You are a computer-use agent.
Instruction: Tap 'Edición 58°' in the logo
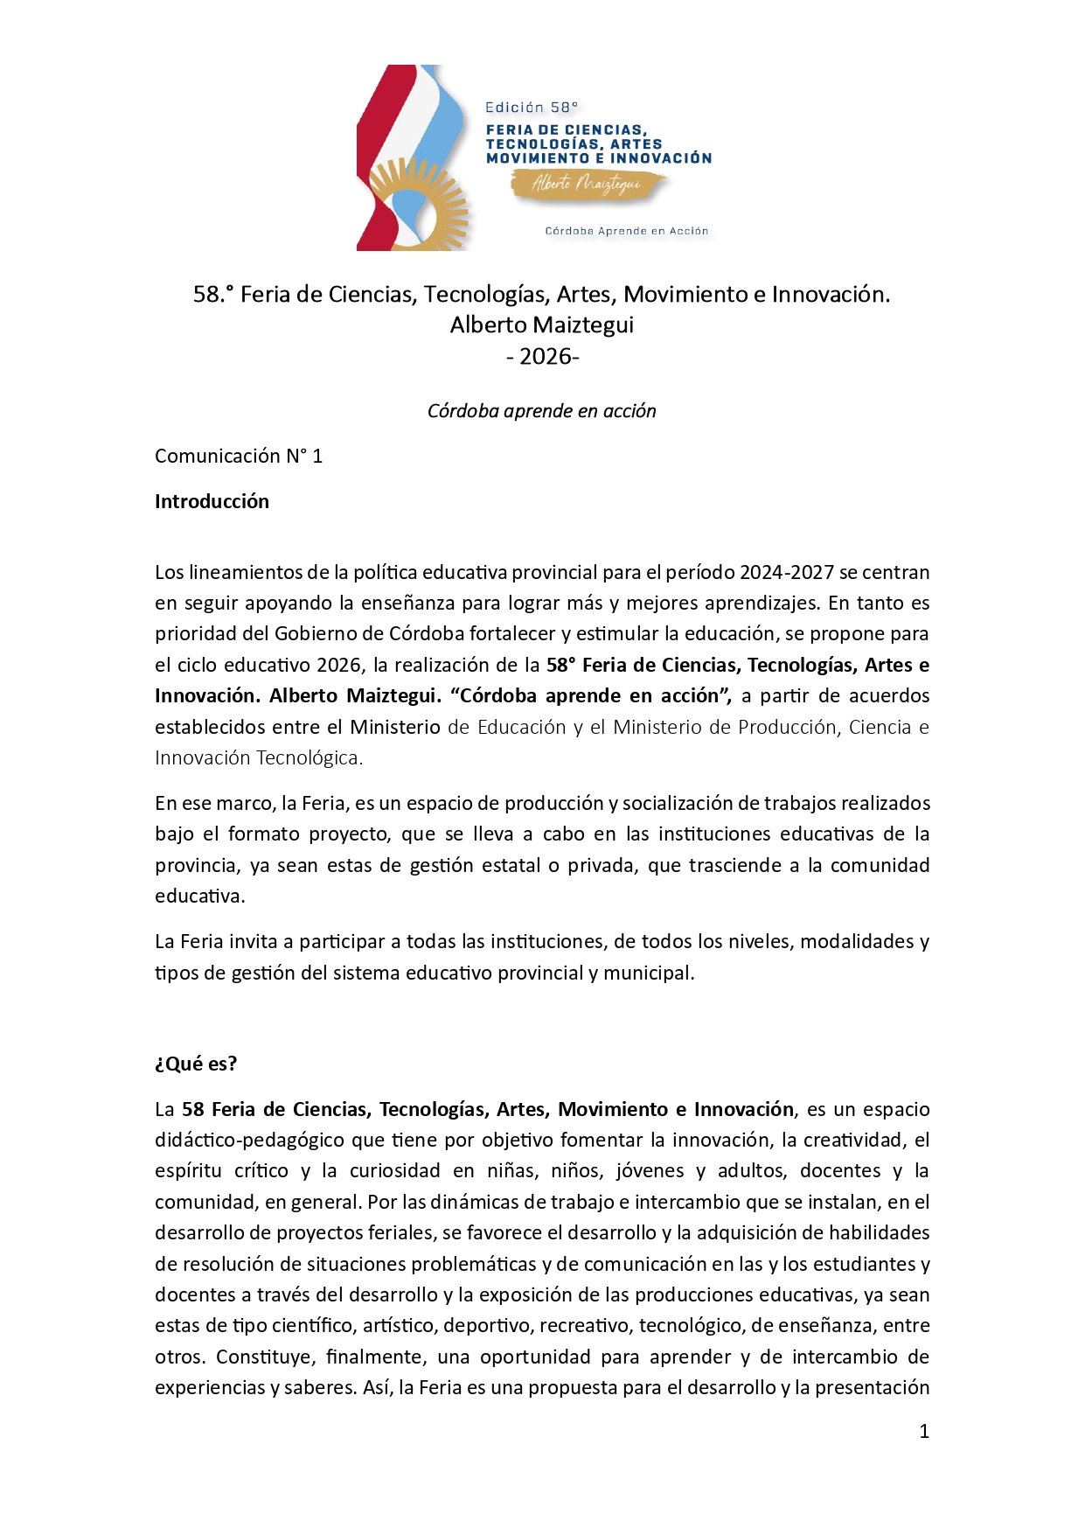point(531,108)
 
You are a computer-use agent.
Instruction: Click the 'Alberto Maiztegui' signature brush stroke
point(587,185)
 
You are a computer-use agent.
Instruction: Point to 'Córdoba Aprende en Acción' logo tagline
point(626,231)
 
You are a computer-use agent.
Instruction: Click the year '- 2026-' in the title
point(542,357)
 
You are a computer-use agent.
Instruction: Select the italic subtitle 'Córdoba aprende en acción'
point(541,411)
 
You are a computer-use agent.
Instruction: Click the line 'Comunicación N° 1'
point(239,456)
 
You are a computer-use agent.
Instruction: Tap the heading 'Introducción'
point(212,501)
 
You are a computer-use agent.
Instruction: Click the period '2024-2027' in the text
point(786,572)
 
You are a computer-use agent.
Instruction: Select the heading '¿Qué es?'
point(196,1064)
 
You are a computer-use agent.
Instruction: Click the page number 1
point(924,1432)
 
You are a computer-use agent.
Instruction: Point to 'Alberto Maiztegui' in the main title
point(541,325)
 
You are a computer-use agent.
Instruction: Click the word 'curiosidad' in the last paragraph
point(395,1170)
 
